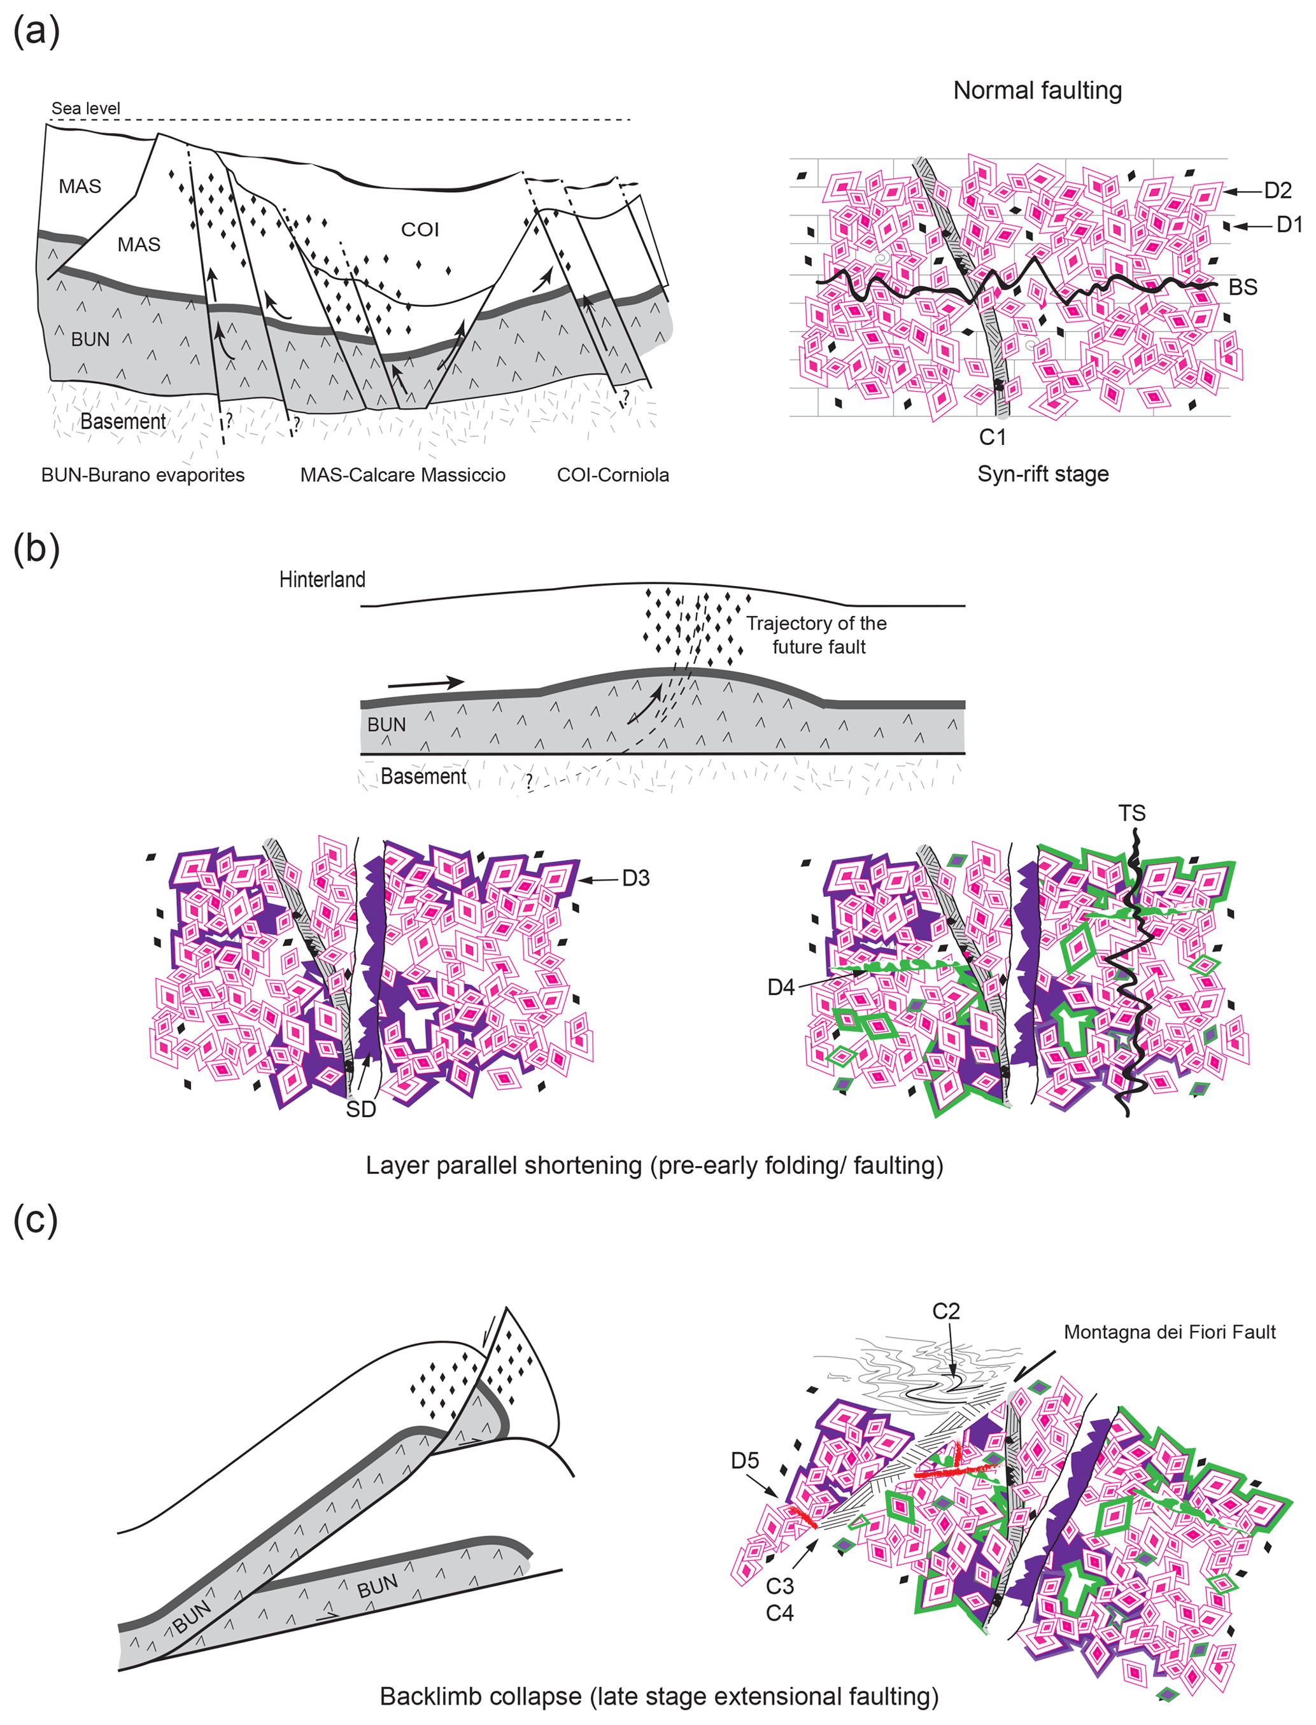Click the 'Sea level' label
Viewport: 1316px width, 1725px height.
pos(85,108)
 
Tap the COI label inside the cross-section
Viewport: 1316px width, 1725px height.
pos(420,229)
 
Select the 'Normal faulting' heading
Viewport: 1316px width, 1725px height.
pos(1037,91)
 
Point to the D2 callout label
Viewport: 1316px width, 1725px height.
pos(1278,190)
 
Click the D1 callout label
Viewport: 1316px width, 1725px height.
pos(1289,225)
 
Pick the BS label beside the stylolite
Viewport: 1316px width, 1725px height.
pos(1242,287)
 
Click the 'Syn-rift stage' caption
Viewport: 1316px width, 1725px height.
pos(1043,474)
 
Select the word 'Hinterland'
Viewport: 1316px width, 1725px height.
pos(322,579)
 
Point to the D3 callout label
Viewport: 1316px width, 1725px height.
pos(635,878)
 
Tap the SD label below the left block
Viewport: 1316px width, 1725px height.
pos(361,1109)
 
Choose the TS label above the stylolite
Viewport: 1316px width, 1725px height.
pos(1132,813)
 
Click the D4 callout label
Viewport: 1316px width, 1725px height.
pos(781,987)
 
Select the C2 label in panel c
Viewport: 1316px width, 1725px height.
pos(945,1311)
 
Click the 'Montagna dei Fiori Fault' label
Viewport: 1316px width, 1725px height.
pos(1170,1332)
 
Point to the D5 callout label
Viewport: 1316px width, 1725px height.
pos(745,1460)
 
